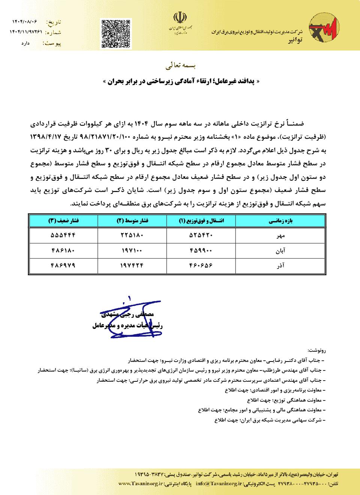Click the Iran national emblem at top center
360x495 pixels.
(179, 18)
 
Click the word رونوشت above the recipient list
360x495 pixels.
(317, 350)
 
